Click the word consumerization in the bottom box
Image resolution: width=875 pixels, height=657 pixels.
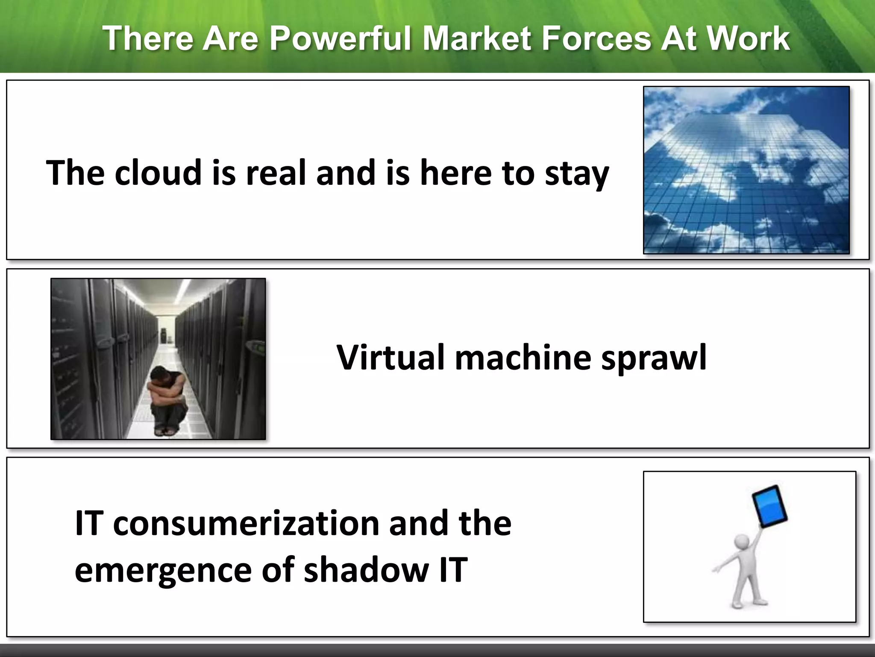(x=246, y=524)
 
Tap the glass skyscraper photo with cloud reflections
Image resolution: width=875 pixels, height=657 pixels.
(x=746, y=170)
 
